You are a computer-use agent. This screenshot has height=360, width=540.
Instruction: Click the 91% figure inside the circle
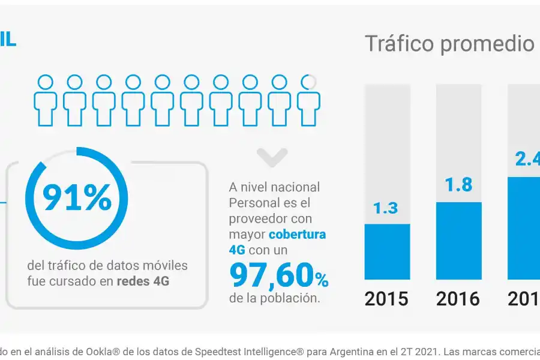tap(76, 198)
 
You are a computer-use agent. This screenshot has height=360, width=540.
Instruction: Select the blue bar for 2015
tap(387, 251)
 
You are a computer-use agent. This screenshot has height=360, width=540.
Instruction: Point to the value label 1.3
tap(386, 208)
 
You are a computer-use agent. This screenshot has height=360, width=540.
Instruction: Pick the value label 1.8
tap(458, 185)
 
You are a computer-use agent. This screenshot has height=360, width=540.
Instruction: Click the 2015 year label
tap(386, 298)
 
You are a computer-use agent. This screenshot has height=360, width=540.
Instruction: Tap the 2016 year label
tap(458, 298)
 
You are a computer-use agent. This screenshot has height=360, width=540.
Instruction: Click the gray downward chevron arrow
tap(272, 157)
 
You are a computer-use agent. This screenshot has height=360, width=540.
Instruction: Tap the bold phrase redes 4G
tap(143, 280)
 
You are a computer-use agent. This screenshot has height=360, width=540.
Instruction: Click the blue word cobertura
tap(297, 234)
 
